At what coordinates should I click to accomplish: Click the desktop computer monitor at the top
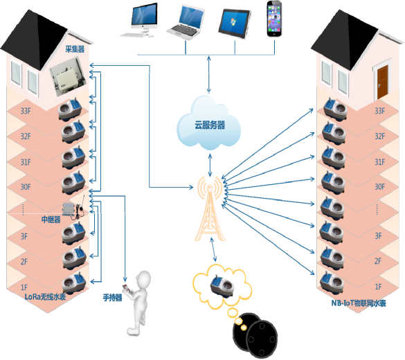coord(144,16)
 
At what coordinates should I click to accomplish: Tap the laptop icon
coord(186,22)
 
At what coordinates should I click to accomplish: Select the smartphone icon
coord(274,19)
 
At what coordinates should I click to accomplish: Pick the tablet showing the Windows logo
coord(235,24)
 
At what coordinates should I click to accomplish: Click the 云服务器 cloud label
coord(210,125)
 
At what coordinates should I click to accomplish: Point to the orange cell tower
coord(210,208)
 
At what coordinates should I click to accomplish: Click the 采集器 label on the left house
coord(75,49)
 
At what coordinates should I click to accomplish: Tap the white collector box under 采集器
coord(68,77)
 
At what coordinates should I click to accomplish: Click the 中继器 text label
coord(51,219)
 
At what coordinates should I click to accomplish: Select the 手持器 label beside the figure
coord(112,298)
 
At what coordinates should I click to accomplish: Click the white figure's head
coord(143,279)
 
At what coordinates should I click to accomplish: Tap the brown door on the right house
coord(382,82)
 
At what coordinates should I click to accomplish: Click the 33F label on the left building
coord(26,111)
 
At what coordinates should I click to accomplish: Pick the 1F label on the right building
coord(378,287)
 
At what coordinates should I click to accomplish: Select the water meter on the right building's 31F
coord(333,157)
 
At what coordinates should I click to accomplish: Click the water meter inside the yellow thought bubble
coord(222,285)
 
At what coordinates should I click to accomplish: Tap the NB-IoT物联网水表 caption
coord(359,303)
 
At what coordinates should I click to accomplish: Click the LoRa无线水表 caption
coord(45,297)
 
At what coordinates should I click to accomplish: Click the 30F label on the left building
coord(26,187)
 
